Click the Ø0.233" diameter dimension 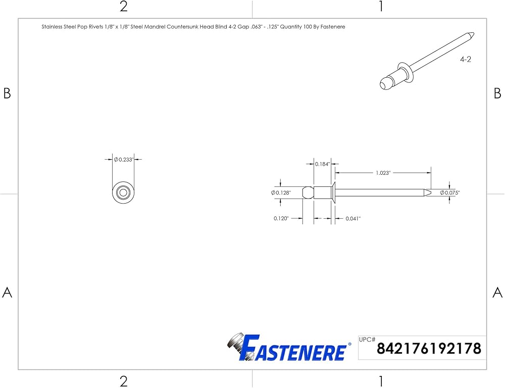pos(123,160)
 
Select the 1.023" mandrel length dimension pos(383,173)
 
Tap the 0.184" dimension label pos(322,164)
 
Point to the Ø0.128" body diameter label pos(281,192)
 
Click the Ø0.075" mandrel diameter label pos(450,192)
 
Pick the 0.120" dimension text pos(281,218)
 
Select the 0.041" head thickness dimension pos(353,218)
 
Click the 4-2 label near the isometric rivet pos(466,59)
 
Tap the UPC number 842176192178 pos(429,349)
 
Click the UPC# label pos(367,339)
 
